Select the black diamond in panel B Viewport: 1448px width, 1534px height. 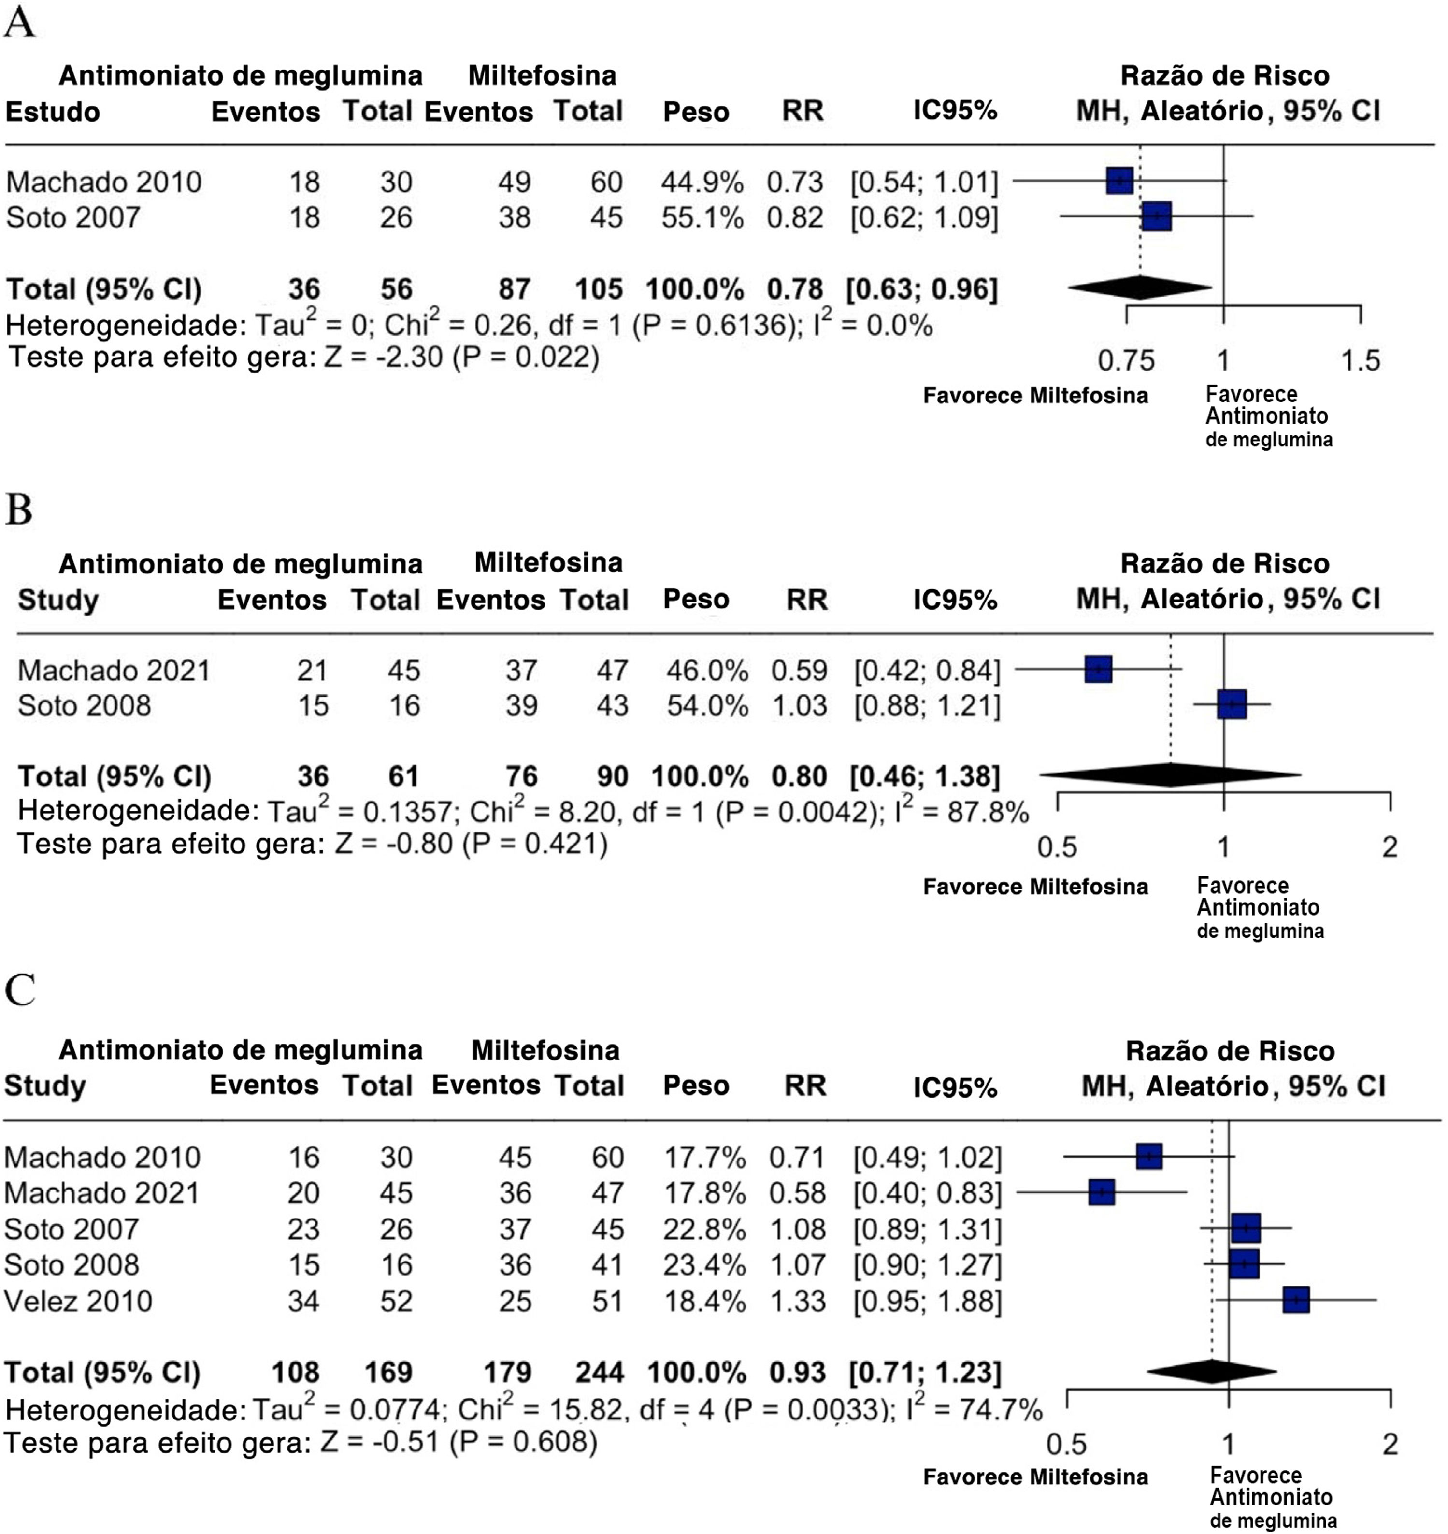[x=1170, y=775]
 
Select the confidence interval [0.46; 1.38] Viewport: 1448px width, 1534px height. [x=925, y=776]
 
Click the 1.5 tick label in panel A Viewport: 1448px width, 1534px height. [x=1360, y=360]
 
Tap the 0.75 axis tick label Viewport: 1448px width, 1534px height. [x=1126, y=360]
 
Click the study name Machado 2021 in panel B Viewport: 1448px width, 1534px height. [x=114, y=670]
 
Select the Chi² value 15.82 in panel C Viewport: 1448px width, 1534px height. [x=588, y=1410]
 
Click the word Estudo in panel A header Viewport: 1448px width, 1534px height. [x=53, y=112]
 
